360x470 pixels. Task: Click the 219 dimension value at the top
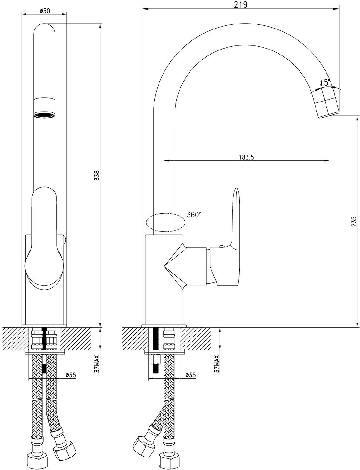tap(241, 4)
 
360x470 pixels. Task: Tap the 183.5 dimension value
tap(246, 157)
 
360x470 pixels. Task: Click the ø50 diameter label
tap(44, 11)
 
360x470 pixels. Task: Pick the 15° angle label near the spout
tap(325, 82)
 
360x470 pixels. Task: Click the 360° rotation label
tap(194, 215)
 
